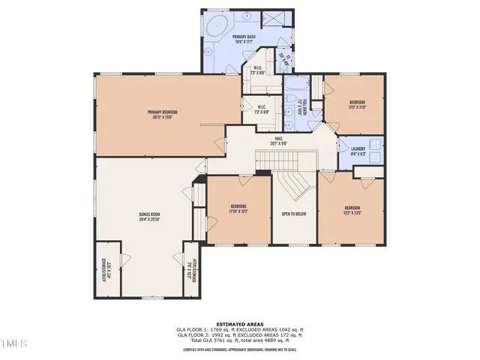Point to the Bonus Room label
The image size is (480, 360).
pyautogui.click(x=149, y=217)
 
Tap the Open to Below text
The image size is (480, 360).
pyautogui.click(x=292, y=214)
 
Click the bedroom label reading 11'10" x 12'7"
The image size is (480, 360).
pyautogui.click(x=238, y=208)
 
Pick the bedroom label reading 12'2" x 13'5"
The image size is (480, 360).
pyautogui.click(x=352, y=210)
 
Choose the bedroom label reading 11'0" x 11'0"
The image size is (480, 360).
pyautogui.click(x=357, y=104)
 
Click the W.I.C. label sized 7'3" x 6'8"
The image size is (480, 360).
pyautogui.click(x=262, y=109)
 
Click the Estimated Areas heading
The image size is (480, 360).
pyautogui.click(x=240, y=323)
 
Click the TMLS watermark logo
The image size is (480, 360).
pyautogui.click(x=13, y=343)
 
